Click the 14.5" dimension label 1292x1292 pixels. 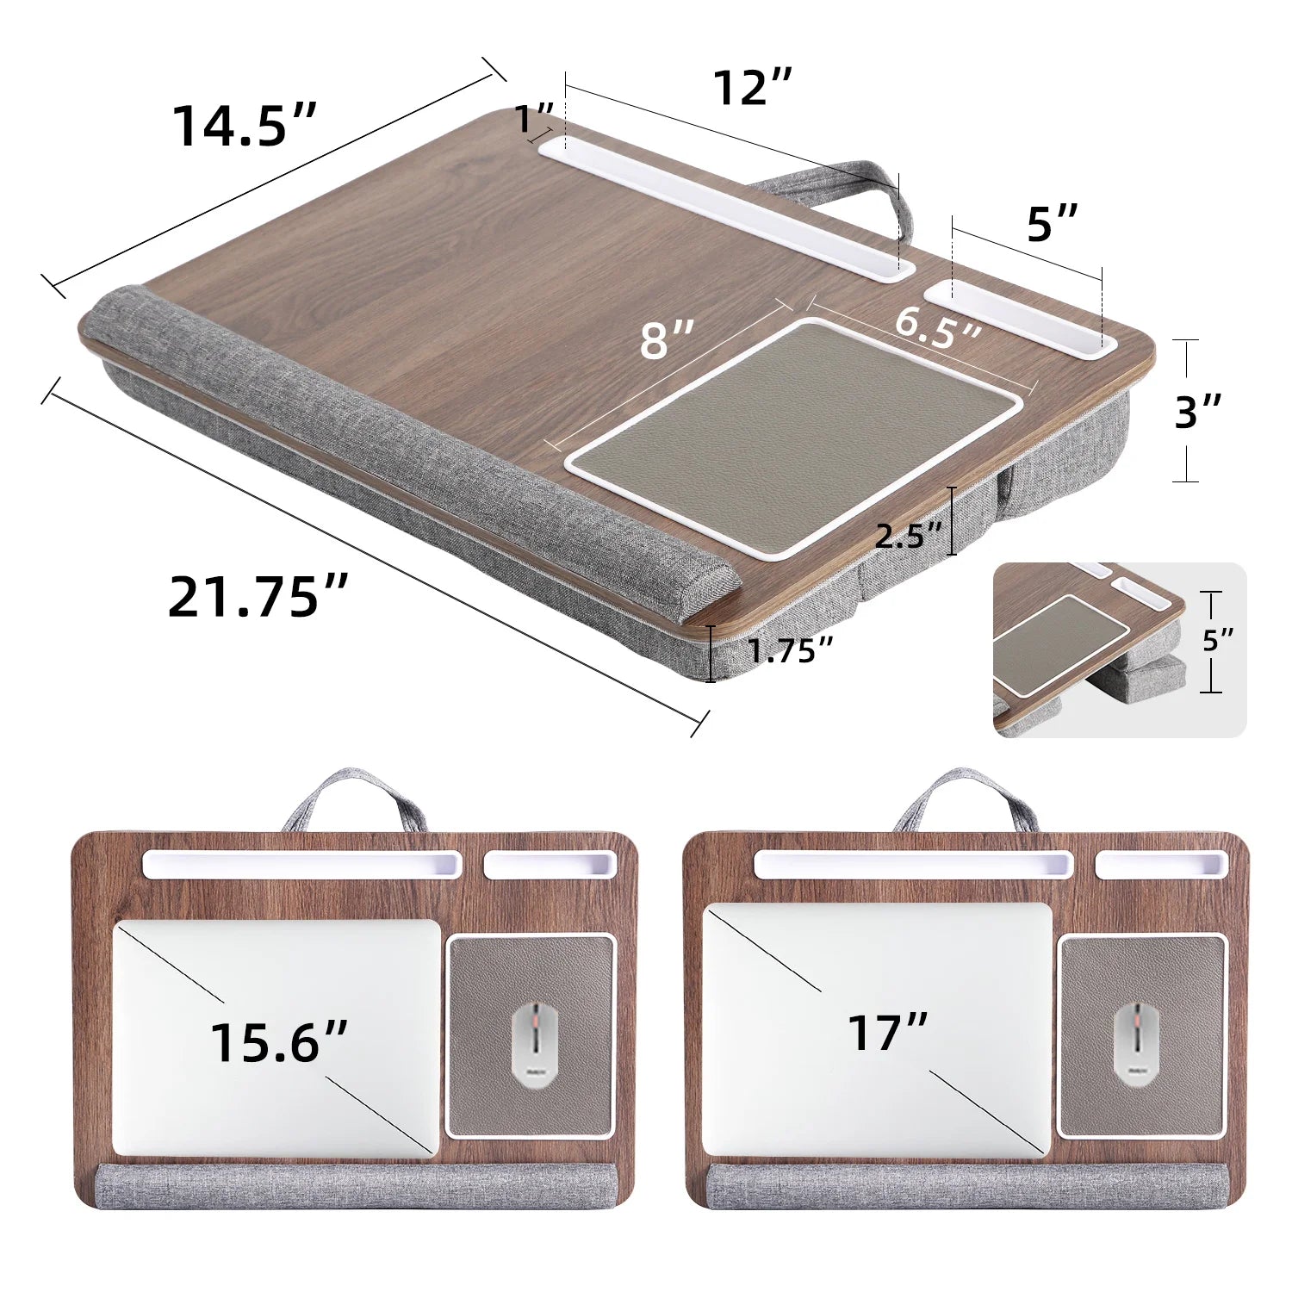(x=245, y=126)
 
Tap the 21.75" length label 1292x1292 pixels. (x=258, y=596)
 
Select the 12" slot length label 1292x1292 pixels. (x=752, y=87)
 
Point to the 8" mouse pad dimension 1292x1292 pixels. (x=667, y=339)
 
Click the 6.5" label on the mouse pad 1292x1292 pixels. (x=938, y=326)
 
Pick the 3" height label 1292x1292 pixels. (x=1198, y=412)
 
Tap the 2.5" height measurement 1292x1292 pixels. (x=910, y=536)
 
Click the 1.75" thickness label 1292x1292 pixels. (x=790, y=650)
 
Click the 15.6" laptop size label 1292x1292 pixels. (x=278, y=1042)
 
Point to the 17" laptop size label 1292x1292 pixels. (x=888, y=1032)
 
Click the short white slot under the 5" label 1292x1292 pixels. (x=1021, y=314)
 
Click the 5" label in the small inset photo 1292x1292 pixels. (x=1218, y=640)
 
